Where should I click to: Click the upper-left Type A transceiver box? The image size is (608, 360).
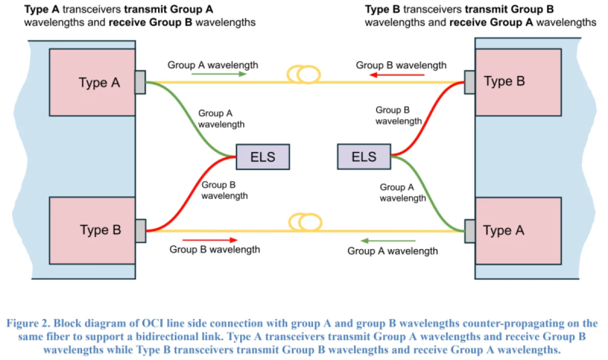click(92, 83)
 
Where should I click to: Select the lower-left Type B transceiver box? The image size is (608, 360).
click(92, 230)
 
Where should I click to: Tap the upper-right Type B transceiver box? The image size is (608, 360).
click(518, 83)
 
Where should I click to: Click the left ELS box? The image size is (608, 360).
click(262, 156)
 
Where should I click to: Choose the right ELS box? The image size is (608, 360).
click(364, 156)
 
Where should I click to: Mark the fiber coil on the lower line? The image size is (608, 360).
click(304, 222)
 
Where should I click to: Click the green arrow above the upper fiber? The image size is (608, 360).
click(219, 74)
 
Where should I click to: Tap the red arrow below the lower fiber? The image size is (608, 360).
click(210, 240)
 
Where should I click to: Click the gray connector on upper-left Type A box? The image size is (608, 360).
click(140, 82)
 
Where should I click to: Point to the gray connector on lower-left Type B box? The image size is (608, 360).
click(140, 230)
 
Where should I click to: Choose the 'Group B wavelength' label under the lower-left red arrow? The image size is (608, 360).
click(215, 250)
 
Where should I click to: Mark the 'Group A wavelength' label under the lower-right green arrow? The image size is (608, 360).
click(393, 251)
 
